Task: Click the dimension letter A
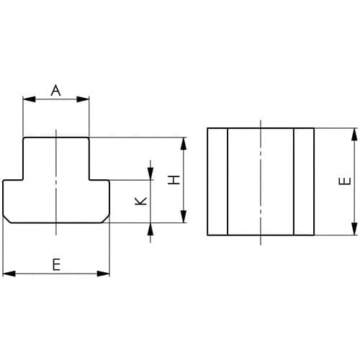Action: (x=55, y=90)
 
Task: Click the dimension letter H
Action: (x=174, y=180)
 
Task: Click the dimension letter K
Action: (x=140, y=201)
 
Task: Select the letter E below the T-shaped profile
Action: (x=56, y=264)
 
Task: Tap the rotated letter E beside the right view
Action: (x=345, y=181)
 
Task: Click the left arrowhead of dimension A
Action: (x=29, y=99)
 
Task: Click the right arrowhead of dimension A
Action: (x=83, y=99)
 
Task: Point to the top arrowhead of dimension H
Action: (x=184, y=144)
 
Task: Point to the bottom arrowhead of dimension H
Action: (x=184, y=217)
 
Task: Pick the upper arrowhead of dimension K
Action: (x=150, y=174)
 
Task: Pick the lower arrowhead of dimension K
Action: (x=150, y=229)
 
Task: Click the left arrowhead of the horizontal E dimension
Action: (x=9, y=274)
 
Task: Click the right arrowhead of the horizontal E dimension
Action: (x=103, y=274)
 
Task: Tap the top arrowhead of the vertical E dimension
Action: (x=354, y=135)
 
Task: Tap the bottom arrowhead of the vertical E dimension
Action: (x=354, y=229)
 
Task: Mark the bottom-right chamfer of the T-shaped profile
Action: (x=106, y=220)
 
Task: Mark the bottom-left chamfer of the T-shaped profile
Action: (x=6, y=220)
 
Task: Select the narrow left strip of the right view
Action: (x=217, y=181)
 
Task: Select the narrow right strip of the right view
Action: (x=304, y=181)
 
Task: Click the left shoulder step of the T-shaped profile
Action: (x=13, y=180)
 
